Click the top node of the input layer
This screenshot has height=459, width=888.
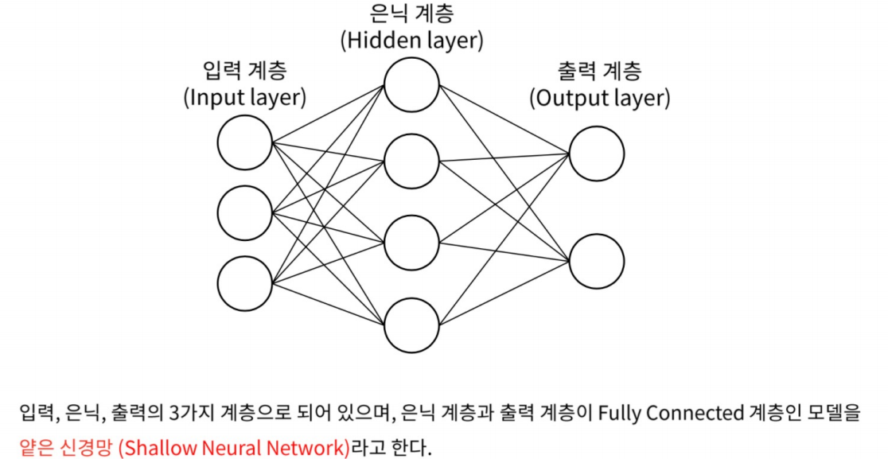point(245,143)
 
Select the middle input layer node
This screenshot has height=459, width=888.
point(245,212)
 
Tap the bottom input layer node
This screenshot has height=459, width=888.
point(245,282)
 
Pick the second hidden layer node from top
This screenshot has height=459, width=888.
point(411,161)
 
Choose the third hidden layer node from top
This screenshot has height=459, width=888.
point(411,243)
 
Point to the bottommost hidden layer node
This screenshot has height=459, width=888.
point(411,325)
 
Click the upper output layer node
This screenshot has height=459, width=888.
point(596,152)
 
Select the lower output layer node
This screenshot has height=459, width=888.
point(596,260)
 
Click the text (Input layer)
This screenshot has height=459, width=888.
point(245,98)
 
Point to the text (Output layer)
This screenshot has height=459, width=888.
point(599,98)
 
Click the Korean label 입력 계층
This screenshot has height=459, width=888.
point(245,72)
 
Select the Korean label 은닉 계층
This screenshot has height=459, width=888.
point(411,14)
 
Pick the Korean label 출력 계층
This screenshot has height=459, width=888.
point(599,72)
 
